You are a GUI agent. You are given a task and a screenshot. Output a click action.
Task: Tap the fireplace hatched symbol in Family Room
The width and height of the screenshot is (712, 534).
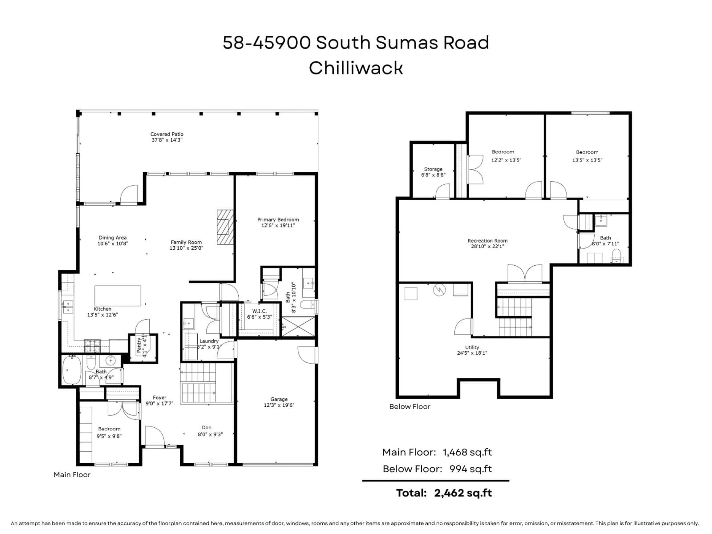coord(225,227)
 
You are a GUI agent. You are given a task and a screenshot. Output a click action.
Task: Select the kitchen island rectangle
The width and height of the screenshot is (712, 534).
coord(118,296)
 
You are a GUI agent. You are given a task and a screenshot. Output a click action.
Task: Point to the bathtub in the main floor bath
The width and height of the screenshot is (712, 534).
coord(71,370)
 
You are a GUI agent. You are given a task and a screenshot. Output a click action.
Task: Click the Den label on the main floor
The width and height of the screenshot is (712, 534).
coord(207,427)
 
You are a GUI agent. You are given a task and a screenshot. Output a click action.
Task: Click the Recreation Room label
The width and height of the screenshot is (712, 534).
coord(487,241)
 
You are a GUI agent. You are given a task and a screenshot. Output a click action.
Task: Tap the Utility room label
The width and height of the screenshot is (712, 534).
coord(472,347)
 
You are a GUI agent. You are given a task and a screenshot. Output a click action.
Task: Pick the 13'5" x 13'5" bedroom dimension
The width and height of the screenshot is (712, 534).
coord(587,160)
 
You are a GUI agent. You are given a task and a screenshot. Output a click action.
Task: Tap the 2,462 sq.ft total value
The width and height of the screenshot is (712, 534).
coord(463,493)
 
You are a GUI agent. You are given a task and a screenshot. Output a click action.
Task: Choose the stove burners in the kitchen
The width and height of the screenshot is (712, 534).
coord(92,346)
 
